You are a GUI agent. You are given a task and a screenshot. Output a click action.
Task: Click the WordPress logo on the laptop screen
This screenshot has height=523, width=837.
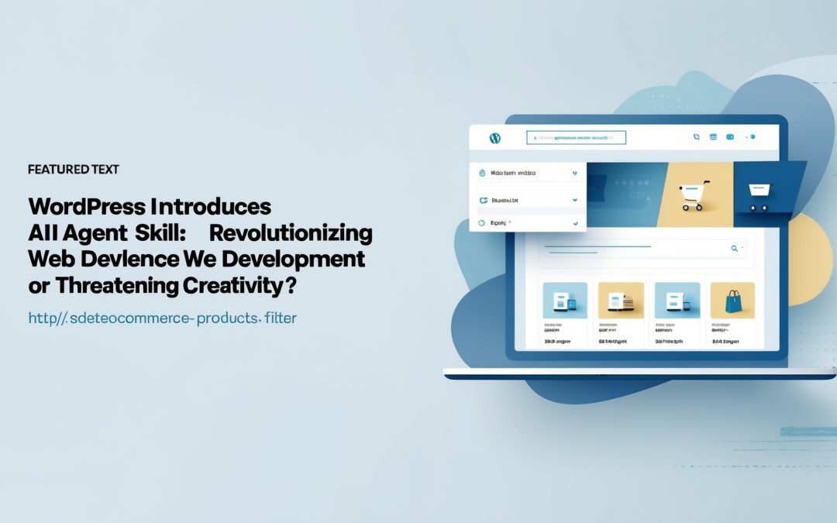(x=495, y=138)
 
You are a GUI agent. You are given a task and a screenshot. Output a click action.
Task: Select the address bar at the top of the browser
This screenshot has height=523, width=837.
(x=576, y=138)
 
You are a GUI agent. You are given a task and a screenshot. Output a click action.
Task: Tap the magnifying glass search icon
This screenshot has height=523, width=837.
(x=734, y=249)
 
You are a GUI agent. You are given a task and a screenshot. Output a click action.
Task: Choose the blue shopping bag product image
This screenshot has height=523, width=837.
(x=732, y=300)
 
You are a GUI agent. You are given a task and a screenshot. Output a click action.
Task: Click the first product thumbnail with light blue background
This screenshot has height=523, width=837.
(x=565, y=300)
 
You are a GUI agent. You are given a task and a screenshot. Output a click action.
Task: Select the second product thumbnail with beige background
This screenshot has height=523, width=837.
(x=621, y=300)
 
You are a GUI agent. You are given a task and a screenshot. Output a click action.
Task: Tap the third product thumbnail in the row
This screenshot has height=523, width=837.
(x=677, y=300)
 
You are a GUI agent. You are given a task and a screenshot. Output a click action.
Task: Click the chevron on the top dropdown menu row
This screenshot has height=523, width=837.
(x=574, y=174)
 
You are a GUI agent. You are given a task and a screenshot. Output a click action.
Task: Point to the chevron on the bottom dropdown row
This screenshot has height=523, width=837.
(x=575, y=223)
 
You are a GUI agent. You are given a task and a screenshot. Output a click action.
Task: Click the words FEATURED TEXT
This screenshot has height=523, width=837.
(x=73, y=169)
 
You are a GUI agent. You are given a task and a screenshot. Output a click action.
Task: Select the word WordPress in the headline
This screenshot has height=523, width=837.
(x=86, y=207)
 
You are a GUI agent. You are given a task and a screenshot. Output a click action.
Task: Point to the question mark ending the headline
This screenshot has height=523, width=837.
(x=290, y=286)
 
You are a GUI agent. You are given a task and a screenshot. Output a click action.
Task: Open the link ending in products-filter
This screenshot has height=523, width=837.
(x=162, y=318)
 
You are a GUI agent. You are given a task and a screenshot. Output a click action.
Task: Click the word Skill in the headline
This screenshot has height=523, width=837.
(x=160, y=233)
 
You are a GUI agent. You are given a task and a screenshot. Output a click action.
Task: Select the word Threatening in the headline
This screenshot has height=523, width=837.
(x=113, y=286)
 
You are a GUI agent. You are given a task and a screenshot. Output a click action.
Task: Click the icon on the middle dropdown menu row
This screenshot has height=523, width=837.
(x=483, y=200)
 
